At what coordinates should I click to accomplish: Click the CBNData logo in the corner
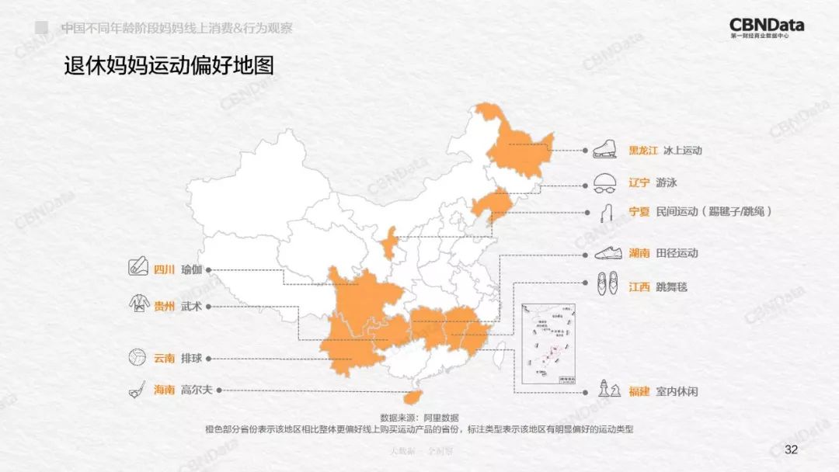click(x=767, y=28)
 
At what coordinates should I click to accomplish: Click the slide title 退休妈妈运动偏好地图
click(x=169, y=65)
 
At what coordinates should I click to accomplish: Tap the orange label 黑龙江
click(x=645, y=151)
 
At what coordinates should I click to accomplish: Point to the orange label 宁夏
click(x=639, y=211)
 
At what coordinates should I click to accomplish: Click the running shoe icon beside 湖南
click(x=606, y=253)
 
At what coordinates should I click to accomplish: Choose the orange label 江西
click(x=639, y=287)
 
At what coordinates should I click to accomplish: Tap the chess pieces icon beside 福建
click(x=606, y=388)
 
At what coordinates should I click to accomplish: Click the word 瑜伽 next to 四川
click(x=191, y=270)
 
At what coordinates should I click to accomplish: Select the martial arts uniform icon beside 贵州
click(x=138, y=305)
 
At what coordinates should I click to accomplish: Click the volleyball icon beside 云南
click(x=138, y=358)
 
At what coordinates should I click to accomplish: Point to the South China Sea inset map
click(x=548, y=342)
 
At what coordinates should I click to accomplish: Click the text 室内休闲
click(x=677, y=391)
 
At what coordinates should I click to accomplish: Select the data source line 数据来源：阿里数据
click(x=419, y=418)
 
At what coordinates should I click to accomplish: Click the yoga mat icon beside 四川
click(x=138, y=269)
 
